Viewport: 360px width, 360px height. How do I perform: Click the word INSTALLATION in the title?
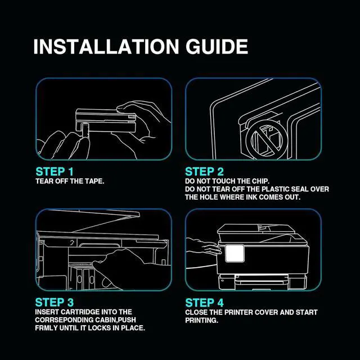(106, 47)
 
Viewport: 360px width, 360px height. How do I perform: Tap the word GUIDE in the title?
(217, 47)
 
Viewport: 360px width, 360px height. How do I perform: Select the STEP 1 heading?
(55, 172)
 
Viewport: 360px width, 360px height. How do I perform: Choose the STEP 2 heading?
(204, 172)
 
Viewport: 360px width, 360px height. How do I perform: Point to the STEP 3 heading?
(55, 302)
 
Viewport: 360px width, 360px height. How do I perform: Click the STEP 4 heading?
(204, 303)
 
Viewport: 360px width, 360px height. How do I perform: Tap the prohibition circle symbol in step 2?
(267, 139)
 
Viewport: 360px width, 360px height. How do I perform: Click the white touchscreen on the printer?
(235, 253)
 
